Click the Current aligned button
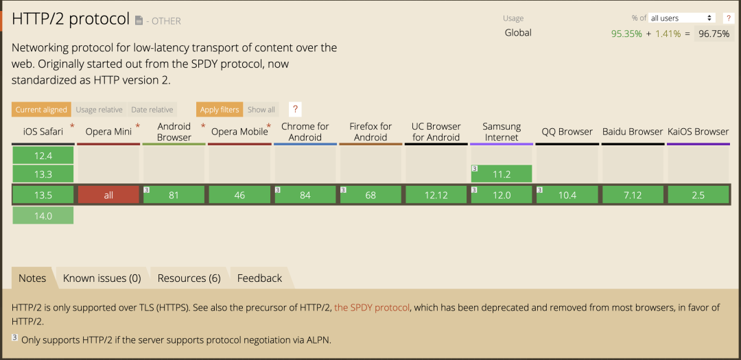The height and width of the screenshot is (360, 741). (x=42, y=110)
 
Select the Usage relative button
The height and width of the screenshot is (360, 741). (x=99, y=110)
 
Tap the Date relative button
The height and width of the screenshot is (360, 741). (x=152, y=110)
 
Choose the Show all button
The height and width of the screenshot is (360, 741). (x=261, y=110)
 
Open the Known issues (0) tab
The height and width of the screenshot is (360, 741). (x=102, y=278)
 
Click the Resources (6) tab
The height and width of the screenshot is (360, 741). (x=189, y=278)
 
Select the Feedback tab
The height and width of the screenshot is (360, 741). (x=259, y=278)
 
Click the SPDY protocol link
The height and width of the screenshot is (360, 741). (x=372, y=308)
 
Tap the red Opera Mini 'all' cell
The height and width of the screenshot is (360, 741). (x=108, y=195)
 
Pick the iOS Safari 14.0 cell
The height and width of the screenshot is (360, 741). (x=43, y=215)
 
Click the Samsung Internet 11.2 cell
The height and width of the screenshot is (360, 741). (x=502, y=174)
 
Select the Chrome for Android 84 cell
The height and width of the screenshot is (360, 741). (x=305, y=195)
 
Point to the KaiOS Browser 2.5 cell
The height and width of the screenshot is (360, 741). (x=698, y=195)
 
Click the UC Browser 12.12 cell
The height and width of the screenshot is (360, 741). (x=436, y=195)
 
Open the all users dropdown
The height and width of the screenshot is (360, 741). (x=681, y=18)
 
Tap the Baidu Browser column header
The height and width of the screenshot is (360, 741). (x=633, y=132)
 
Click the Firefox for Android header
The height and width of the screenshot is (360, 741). (x=370, y=132)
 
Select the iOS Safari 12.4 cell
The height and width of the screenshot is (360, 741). (x=43, y=155)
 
